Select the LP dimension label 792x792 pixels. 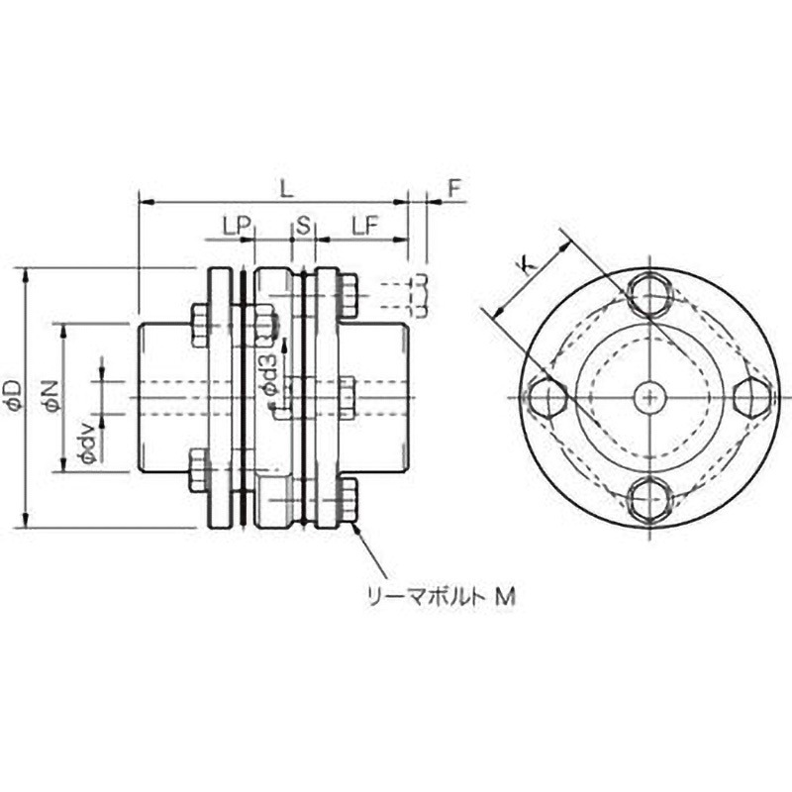coord(234,227)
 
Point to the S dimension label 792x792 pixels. coord(303,227)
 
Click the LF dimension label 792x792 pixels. coord(363,227)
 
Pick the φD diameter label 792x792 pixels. coord(13,393)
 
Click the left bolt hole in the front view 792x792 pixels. coord(546,396)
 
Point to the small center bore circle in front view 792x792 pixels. coord(648,396)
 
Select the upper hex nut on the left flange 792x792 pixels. coord(198,327)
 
